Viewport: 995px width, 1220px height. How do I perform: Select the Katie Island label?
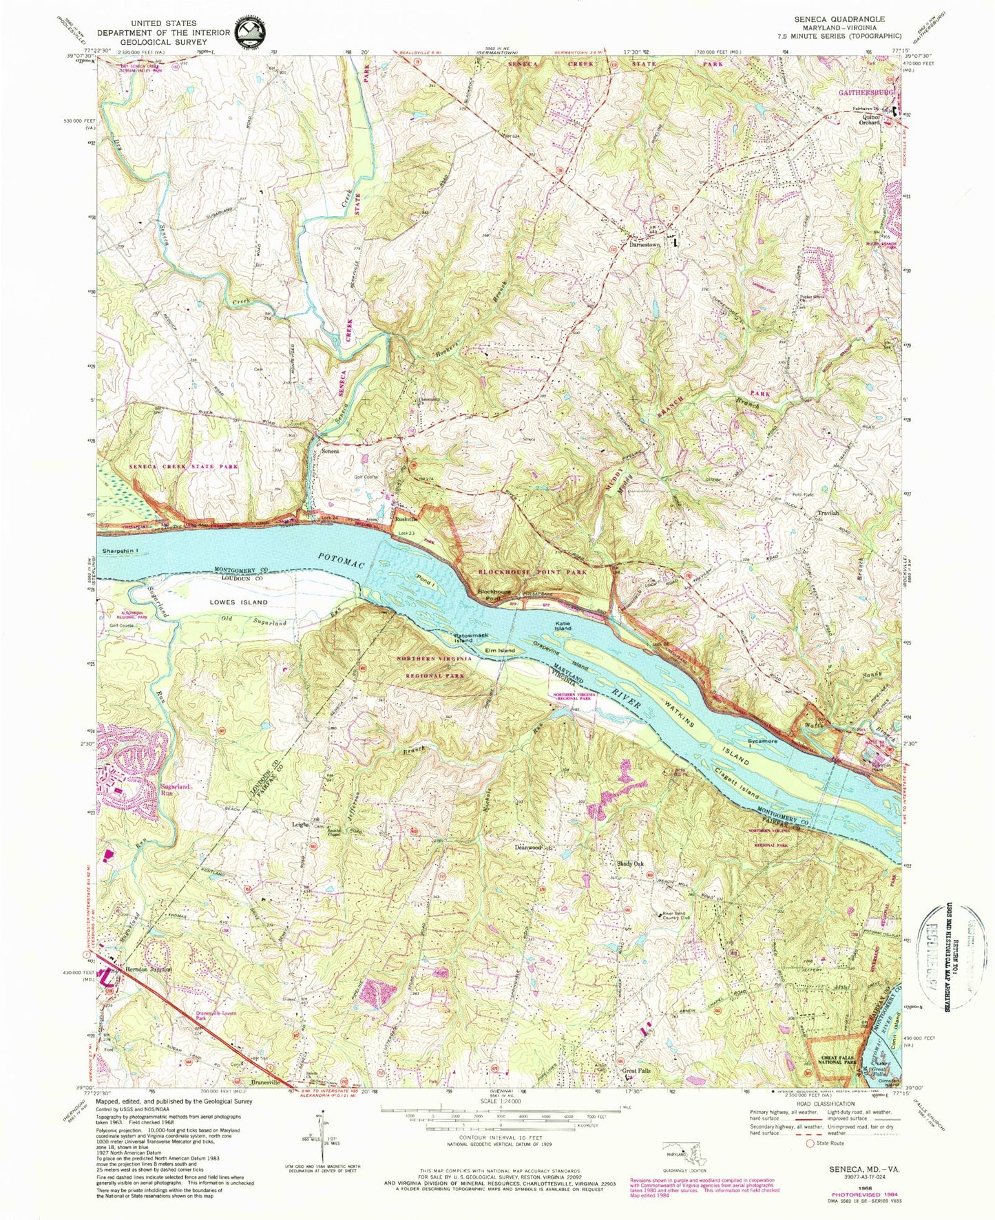pos(563,626)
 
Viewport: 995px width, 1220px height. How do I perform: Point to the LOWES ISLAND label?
pos(220,602)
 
